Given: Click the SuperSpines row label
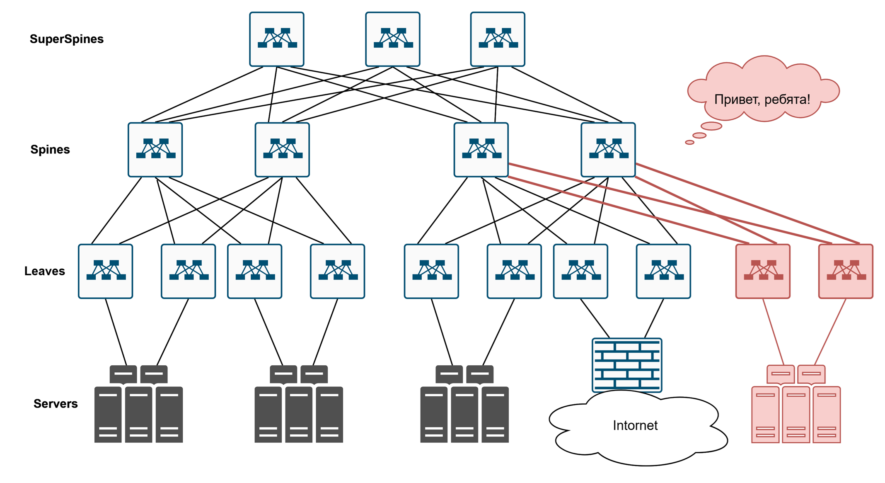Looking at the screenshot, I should (x=67, y=39).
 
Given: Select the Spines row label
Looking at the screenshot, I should (x=50, y=150).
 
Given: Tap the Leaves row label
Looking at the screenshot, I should (x=45, y=271).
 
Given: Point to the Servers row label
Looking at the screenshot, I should (x=56, y=404).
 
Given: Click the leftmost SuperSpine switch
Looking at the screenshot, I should (x=277, y=39).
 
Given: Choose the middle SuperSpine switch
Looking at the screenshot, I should (x=393, y=39).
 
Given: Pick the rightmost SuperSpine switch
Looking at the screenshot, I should (x=498, y=39).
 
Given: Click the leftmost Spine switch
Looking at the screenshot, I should (x=155, y=150).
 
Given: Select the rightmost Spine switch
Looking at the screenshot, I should (x=608, y=150).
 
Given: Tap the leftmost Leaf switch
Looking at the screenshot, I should (x=106, y=271).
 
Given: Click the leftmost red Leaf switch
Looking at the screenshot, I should (x=763, y=271).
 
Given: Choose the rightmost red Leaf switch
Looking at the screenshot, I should (x=846, y=271).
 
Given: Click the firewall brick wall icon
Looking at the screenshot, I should (x=627, y=365).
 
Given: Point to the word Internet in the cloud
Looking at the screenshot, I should (x=635, y=425).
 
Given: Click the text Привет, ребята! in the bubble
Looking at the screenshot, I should (x=762, y=100).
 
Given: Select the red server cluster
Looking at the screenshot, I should (x=796, y=404).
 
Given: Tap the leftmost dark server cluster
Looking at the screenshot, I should (x=138, y=404).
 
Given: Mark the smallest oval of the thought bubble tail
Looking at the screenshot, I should (x=689, y=142).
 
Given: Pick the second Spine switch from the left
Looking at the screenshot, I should (x=282, y=150).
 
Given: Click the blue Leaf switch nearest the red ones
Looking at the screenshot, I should (x=663, y=271).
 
